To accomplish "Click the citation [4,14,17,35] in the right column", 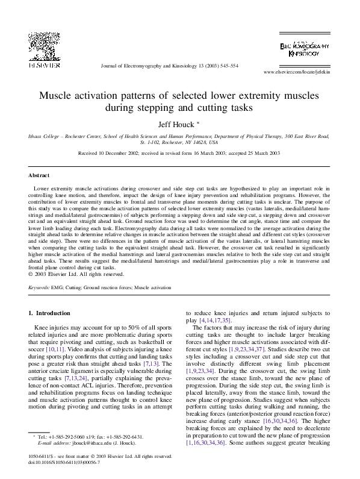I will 214,322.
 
